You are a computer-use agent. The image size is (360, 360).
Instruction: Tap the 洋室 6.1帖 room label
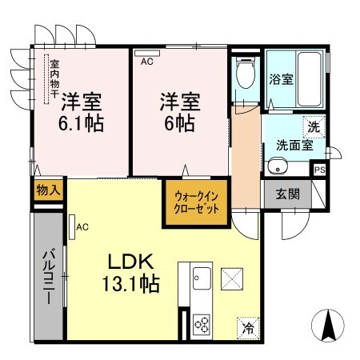80,111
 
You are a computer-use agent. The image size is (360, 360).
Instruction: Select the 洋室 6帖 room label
179,111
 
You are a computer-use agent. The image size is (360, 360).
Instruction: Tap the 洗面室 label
294,146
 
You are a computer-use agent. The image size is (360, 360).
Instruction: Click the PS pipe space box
319,170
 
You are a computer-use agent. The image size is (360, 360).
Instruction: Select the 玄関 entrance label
288,193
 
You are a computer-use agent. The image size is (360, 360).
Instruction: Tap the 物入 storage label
48,190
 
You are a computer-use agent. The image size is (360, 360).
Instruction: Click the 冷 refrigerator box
247,327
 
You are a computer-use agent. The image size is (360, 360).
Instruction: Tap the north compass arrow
326,325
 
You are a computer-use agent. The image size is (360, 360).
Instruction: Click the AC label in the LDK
82,227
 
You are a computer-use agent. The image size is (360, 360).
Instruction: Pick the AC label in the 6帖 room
146,60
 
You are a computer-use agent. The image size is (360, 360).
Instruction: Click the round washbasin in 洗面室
277,166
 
